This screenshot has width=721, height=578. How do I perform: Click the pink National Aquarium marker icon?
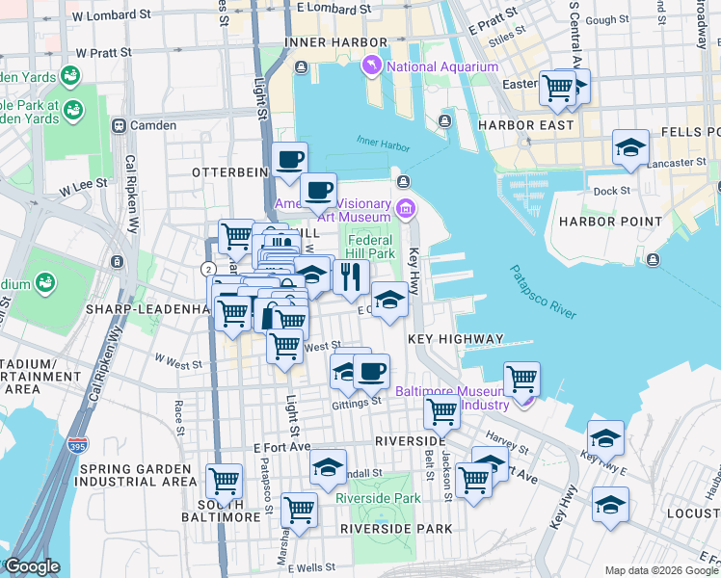[x=371, y=66]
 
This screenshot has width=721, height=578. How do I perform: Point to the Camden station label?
[x=154, y=125]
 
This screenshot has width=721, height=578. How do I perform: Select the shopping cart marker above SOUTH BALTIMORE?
[x=224, y=479]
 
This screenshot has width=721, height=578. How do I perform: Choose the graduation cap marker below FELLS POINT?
[x=630, y=147]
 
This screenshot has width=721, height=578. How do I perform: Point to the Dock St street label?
[x=611, y=191]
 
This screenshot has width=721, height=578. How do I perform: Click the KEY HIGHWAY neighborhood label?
[x=455, y=339]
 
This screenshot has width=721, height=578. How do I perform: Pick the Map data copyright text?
[x=661, y=569]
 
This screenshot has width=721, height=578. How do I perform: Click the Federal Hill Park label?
[x=371, y=247]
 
